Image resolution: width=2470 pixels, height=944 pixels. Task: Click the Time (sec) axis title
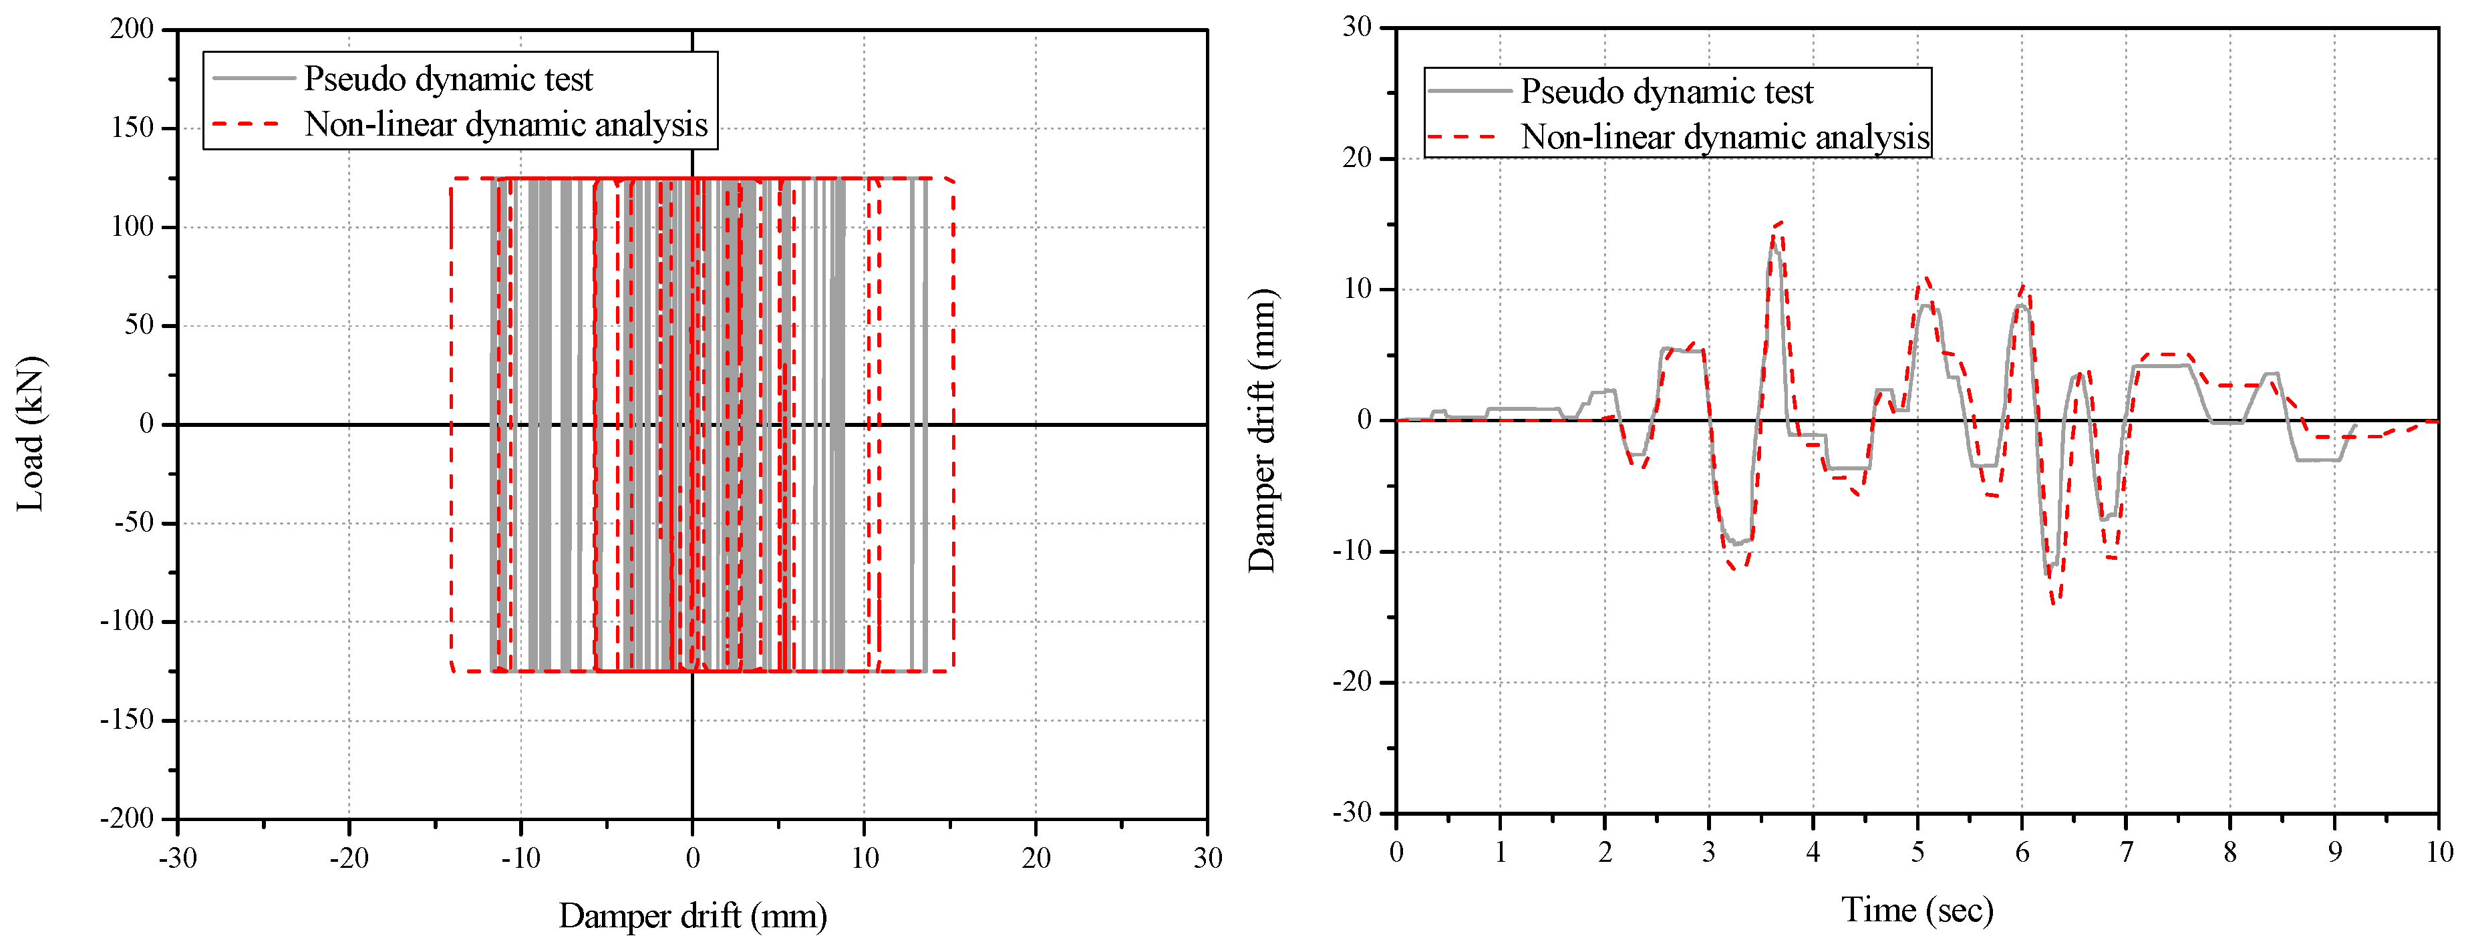[x=1917, y=909]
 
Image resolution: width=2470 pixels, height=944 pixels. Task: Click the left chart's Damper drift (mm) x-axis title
[x=692, y=915]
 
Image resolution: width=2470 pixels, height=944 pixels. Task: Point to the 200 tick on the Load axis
[x=132, y=29]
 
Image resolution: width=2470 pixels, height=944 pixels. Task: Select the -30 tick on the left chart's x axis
[x=178, y=856]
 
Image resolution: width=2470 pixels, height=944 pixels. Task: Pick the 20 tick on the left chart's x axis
[x=1036, y=856]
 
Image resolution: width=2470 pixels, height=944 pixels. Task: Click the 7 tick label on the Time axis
[x=2126, y=851]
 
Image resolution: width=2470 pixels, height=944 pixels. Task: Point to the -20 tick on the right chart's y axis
[x=1352, y=682]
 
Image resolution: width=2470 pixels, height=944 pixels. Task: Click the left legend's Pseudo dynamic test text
[x=448, y=79]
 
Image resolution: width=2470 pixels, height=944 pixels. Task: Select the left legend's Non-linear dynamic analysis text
[x=505, y=124]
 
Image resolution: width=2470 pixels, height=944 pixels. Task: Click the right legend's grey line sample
[x=1469, y=91]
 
